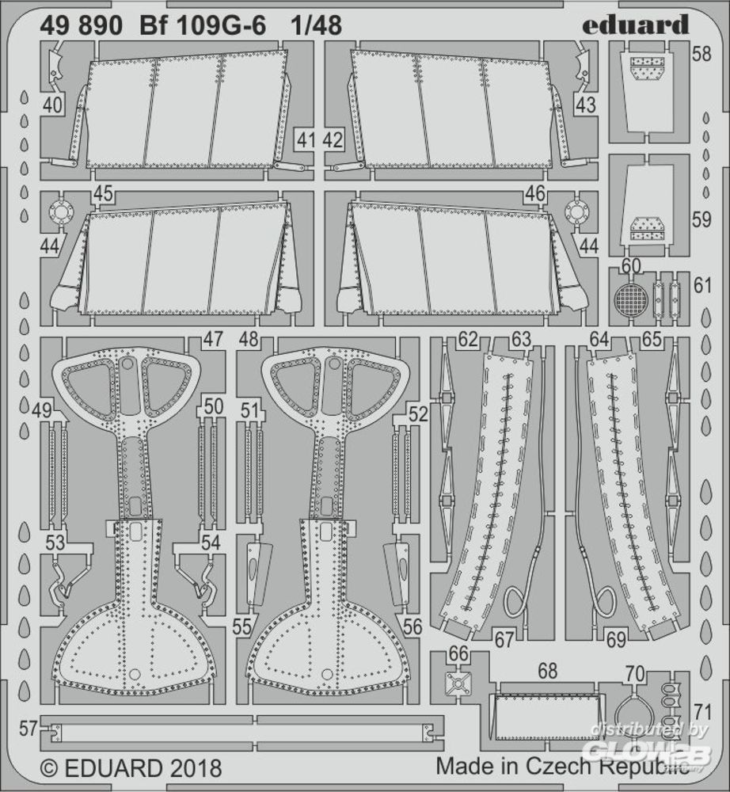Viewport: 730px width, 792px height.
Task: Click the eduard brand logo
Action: pyautogui.click(x=635, y=25)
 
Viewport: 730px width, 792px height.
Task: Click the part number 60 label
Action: pyautogui.click(x=632, y=266)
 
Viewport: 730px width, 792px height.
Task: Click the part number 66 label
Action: pyautogui.click(x=458, y=654)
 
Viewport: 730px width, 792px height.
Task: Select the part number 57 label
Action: pyautogui.click(x=29, y=729)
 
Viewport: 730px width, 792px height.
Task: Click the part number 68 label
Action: pyautogui.click(x=547, y=672)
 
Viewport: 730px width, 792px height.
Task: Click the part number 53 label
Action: pyautogui.click(x=55, y=543)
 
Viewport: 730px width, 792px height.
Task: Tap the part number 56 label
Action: pyautogui.click(x=413, y=626)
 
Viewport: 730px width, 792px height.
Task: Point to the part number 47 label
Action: pyautogui.click(x=212, y=340)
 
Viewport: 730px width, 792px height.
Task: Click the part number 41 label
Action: pyautogui.click(x=306, y=140)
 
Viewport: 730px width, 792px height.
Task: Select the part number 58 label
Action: pyautogui.click(x=701, y=54)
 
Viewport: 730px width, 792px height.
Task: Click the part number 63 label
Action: pyautogui.click(x=522, y=340)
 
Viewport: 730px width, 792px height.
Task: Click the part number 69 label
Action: pyautogui.click(x=617, y=640)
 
